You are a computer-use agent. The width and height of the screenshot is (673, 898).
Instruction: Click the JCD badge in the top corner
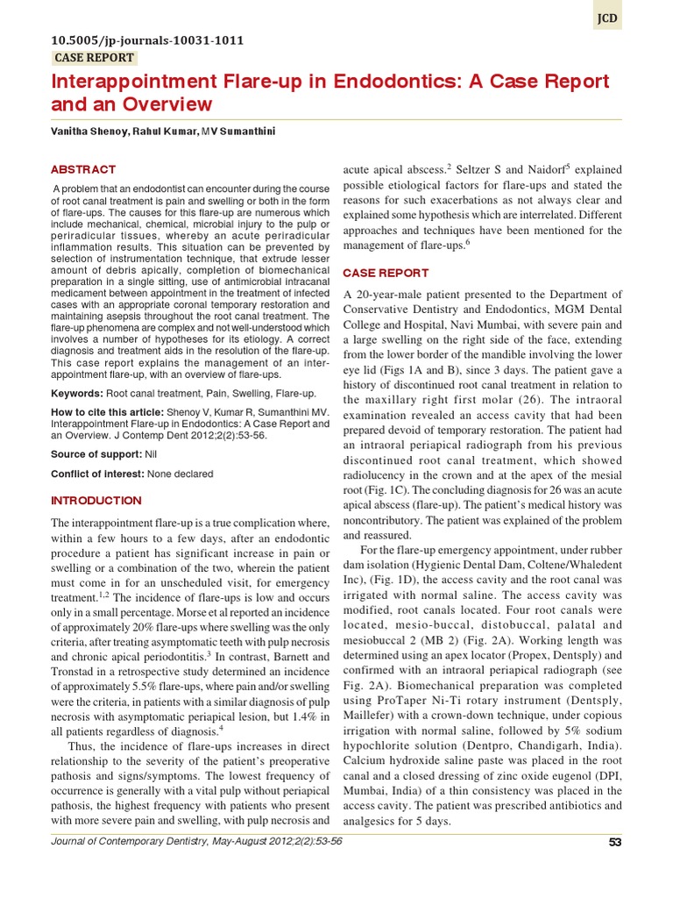[607, 16]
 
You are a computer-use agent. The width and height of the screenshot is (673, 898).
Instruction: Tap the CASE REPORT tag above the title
[95, 58]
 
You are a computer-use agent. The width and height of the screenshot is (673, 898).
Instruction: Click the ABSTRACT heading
[83, 169]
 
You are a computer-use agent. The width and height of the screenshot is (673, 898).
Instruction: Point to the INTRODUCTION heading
[96, 501]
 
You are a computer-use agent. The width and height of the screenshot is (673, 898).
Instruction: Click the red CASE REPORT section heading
[386, 273]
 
